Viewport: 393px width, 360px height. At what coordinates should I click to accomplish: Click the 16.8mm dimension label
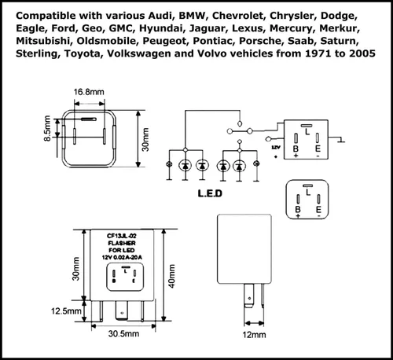click(89, 92)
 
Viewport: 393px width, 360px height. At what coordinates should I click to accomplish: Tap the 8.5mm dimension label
click(47, 128)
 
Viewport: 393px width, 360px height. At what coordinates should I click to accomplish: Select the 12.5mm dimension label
click(66, 311)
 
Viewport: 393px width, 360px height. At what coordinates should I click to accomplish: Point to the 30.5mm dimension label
click(123, 333)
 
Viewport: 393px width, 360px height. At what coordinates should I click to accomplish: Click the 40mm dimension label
click(171, 276)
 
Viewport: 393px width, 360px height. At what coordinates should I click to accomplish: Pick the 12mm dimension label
click(254, 335)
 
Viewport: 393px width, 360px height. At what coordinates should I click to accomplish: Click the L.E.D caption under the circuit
click(210, 193)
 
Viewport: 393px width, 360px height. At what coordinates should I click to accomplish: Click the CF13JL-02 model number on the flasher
click(122, 236)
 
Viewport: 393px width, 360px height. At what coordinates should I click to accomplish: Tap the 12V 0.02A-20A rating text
click(122, 257)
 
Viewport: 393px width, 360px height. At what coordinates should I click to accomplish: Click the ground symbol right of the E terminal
click(341, 140)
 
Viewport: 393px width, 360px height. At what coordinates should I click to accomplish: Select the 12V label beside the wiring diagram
click(276, 148)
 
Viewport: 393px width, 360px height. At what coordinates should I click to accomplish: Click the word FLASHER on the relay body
click(122, 243)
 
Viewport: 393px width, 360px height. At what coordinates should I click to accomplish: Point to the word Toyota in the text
click(83, 53)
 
